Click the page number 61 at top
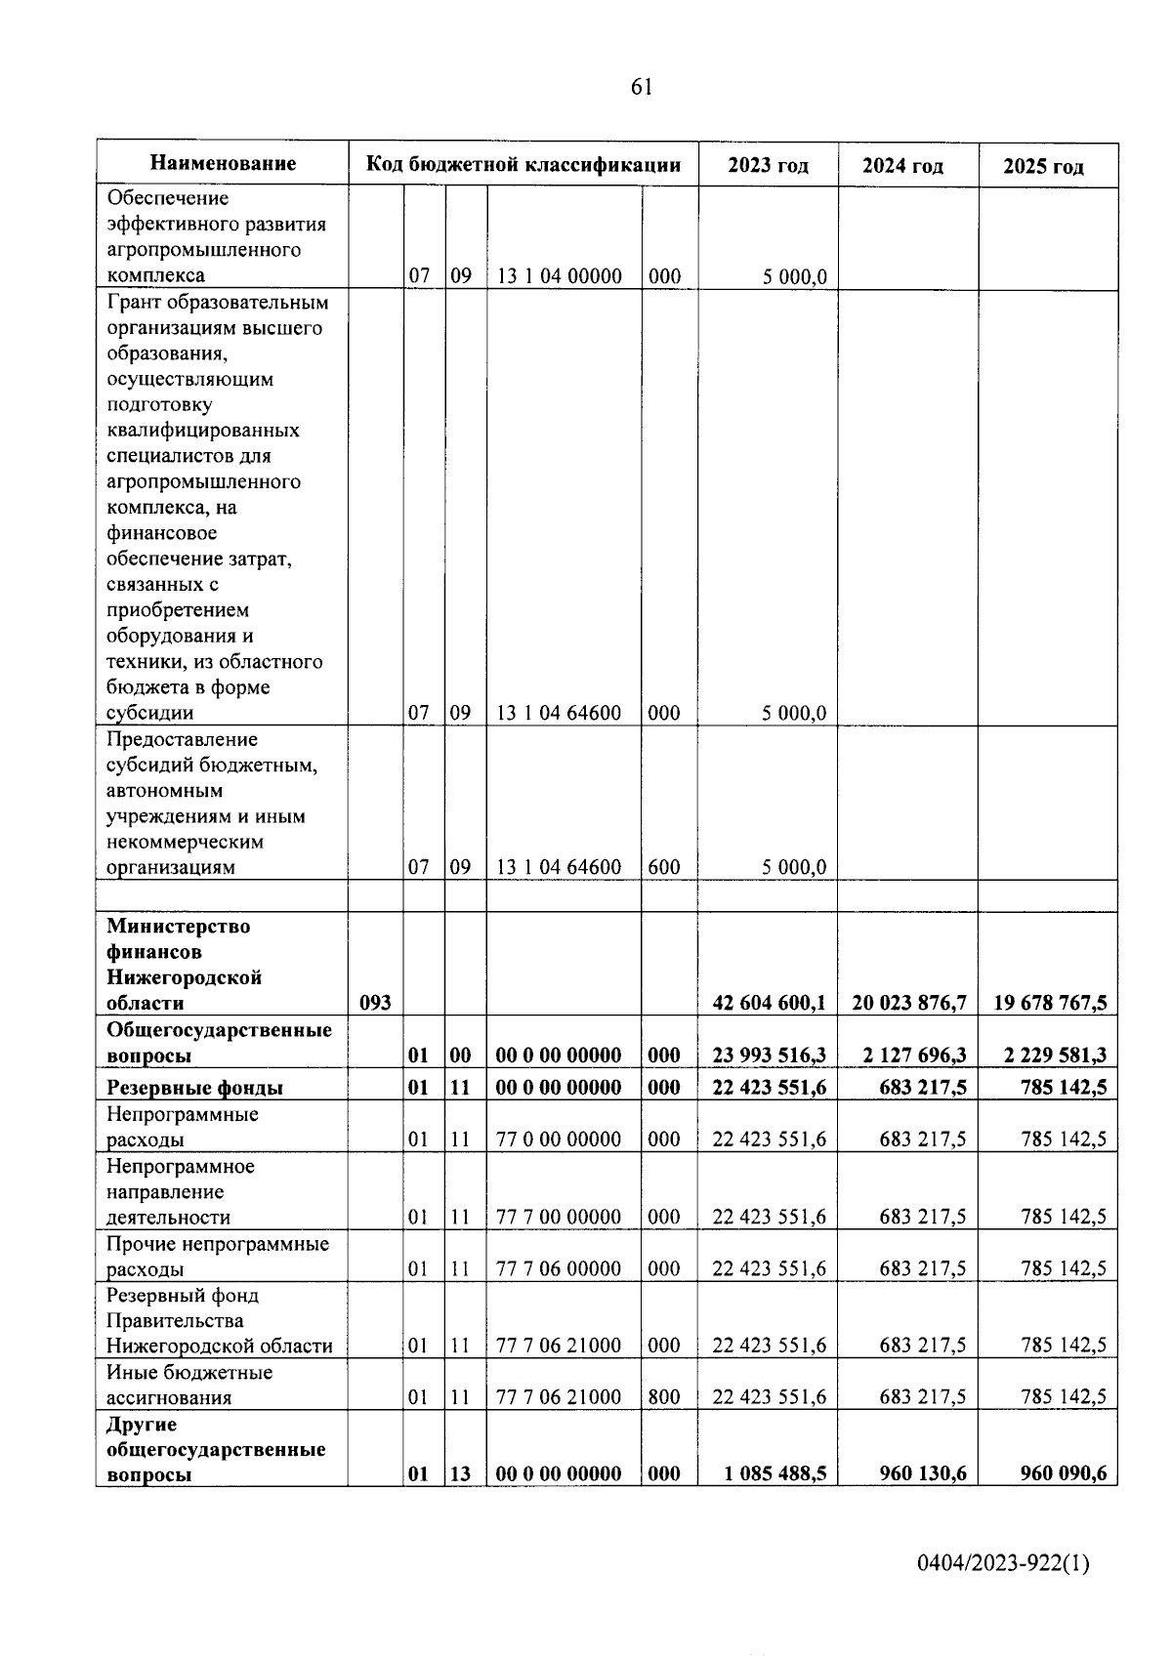pos(642,87)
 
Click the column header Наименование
pos(223,163)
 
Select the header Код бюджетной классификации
pos(523,164)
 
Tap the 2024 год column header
pos(902,166)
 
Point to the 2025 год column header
pos(1043,166)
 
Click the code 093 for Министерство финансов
pos(376,1003)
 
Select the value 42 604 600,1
pos(769,1003)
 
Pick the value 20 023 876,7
pos(909,1003)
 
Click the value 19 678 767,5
pos(1050,1003)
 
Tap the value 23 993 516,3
pos(769,1056)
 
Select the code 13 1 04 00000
pos(559,276)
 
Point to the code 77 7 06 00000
pos(559,1268)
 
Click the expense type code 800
pos(664,1397)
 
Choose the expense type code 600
pos(664,867)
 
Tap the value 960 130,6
pos(922,1474)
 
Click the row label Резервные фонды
pos(195,1088)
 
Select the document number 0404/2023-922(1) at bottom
pos(1003,1564)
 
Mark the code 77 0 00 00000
pos(559,1139)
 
